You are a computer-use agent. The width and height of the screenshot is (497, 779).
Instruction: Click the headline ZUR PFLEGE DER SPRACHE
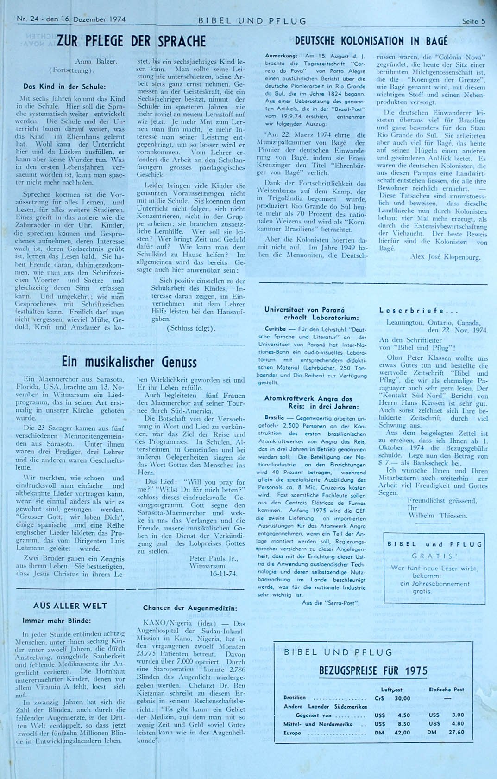[x=131, y=41]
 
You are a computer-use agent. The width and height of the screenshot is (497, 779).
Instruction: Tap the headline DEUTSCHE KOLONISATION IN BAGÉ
[x=371, y=41]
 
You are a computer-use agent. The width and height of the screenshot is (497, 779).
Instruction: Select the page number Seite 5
[x=473, y=21]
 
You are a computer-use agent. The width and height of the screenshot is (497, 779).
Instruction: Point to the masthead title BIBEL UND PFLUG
[x=252, y=21]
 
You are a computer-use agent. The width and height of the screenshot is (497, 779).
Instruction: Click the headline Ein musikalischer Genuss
[x=129, y=362]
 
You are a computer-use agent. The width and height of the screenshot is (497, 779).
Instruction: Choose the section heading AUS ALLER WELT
[x=70, y=606]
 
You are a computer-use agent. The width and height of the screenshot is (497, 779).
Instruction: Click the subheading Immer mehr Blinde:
[x=57, y=620]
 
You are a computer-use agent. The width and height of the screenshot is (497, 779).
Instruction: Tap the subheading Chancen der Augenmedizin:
[x=190, y=608]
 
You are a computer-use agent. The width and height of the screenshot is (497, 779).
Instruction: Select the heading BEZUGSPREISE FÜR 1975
[x=373, y=670]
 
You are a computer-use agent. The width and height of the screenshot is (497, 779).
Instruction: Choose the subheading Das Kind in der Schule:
[x=64, y=86]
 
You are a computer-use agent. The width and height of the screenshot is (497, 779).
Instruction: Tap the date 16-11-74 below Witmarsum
[x=223, y=574]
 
